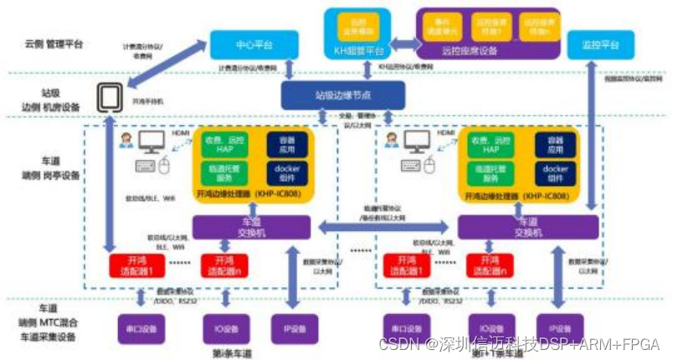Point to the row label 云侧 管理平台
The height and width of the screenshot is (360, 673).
pos(53,44)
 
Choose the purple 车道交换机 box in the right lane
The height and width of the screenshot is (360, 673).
pos(528,227)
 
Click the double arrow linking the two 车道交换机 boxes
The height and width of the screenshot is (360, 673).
pos(384,226)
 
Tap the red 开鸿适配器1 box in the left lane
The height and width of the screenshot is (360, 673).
pos(134,265)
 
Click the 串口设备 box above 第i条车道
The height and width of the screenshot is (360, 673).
pos(136,327)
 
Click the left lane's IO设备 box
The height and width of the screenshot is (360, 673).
pos(224,327)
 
